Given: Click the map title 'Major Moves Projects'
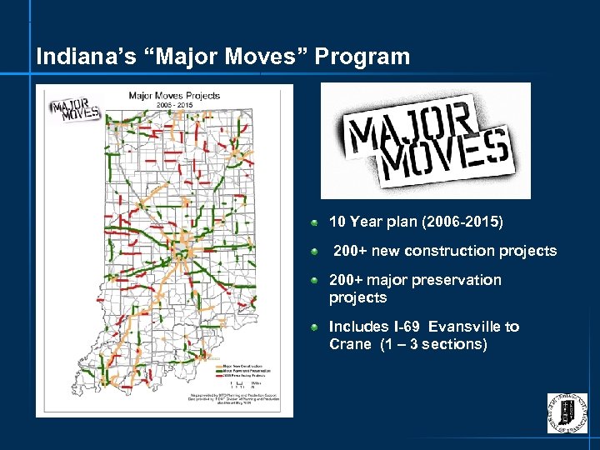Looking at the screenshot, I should coord(173,96).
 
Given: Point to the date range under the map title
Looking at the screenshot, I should coord(174,106).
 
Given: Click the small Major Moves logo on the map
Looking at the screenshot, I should coord(76,111).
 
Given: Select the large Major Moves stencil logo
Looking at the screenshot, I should coord(427,140).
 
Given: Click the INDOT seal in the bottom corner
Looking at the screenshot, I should coord(567,412).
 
